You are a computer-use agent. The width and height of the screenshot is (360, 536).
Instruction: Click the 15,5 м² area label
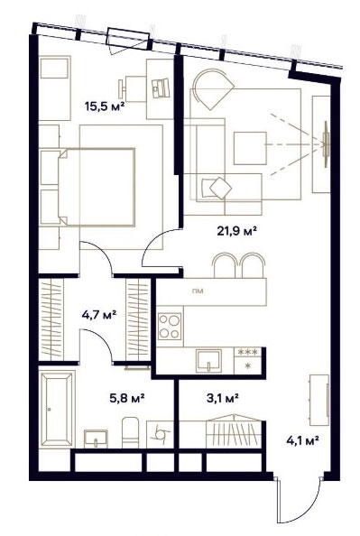[104, 106]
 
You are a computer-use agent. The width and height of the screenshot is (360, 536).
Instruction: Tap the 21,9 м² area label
[237, 231]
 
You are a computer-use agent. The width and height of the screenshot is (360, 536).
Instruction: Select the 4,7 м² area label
[99, 314]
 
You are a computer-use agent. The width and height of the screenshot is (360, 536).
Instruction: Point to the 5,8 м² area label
[127, 398]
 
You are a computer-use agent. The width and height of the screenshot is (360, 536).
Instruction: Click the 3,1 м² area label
[223, 398]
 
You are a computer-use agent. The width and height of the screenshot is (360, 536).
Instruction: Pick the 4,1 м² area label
[302, 440]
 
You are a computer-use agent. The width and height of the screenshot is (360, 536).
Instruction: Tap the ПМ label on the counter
[198, 291]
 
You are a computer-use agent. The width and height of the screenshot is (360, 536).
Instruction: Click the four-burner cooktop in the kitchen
[170, 327]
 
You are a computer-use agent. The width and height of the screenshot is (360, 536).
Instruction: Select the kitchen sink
[209, 361]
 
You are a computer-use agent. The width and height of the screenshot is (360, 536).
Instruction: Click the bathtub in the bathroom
[57, 409]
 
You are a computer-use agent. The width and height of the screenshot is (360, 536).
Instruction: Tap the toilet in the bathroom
[130, 432]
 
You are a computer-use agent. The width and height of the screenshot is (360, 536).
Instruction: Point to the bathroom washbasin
[96, 439]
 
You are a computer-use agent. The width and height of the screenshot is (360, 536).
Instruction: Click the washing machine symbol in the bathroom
[160, 434]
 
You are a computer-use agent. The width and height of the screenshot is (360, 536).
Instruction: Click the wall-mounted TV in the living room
[326, 143]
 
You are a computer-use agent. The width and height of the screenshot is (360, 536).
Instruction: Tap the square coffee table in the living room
[250, 148]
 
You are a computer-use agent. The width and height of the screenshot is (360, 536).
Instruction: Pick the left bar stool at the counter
[225, 265]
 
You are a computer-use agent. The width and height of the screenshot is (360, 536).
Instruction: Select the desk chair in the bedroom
[132, 88]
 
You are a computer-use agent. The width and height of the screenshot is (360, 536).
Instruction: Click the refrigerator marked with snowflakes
[247, 361]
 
